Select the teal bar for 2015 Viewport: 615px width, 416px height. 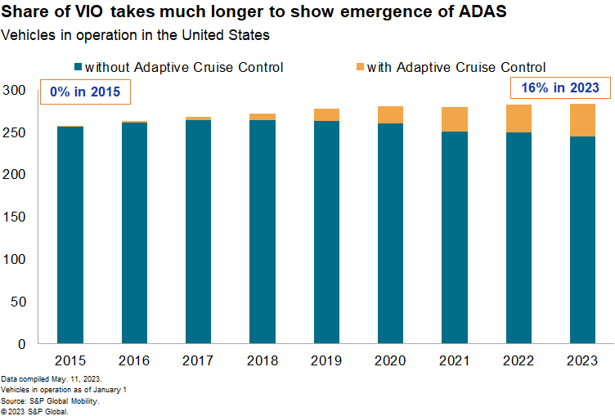pyautogui.click(x=70, y=235)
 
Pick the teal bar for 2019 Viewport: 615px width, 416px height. pyautogui.click(x=325, y=232)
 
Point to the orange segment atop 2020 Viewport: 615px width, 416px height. pyautogui.click(x=391, y=115)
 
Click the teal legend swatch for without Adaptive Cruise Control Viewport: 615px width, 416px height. pyautogui.click(x=77, y=67)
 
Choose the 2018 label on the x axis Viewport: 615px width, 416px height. pyautogui.click(x=261, y=360)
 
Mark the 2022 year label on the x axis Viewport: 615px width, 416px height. pyautogui.click(x=519, y=360)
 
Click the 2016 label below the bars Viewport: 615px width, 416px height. pyautogui.click(x=134, y=360)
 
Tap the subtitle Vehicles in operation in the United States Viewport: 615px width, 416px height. pyautogui.click(x=136, y=36)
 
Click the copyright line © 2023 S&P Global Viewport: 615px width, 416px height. pyautogui.click(x=35, y=410)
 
